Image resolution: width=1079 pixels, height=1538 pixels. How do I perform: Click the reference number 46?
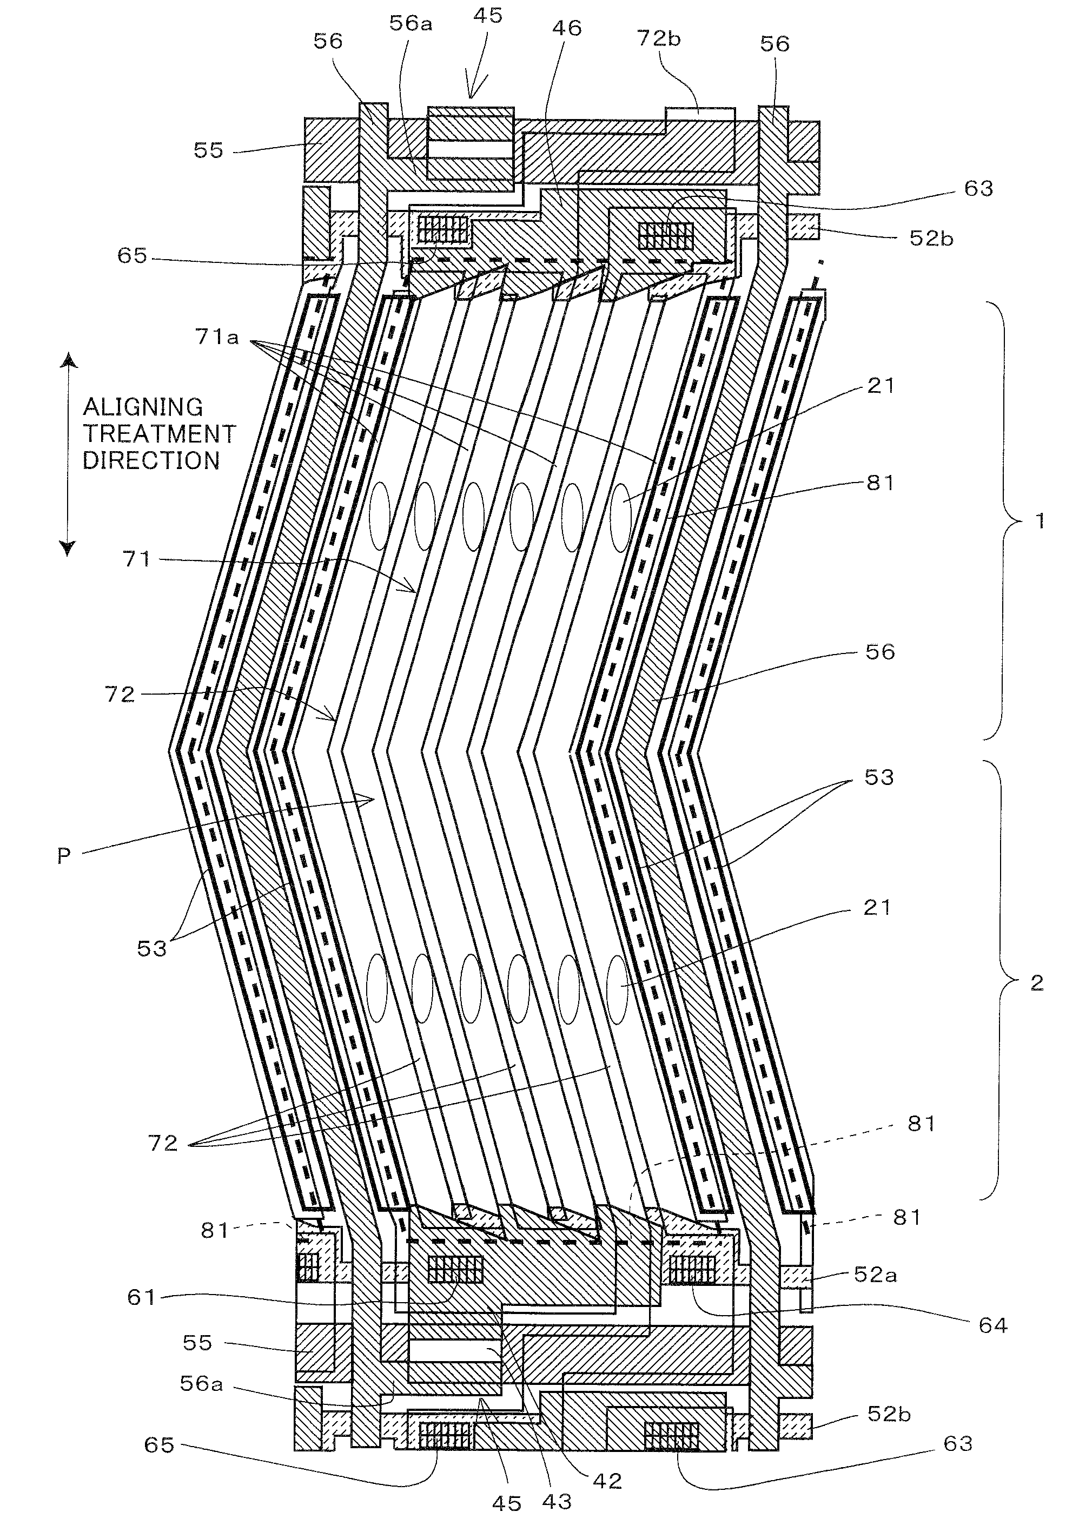567,28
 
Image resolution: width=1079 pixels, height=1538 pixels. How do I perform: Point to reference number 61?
141,1297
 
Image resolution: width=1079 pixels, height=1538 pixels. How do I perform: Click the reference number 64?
992,1325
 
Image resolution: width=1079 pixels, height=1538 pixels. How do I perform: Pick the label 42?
607,1481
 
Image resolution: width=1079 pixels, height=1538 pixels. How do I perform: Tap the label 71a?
216,337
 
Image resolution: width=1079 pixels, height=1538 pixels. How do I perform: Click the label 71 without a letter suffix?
137,559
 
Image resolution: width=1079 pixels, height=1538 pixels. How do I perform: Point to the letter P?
64,856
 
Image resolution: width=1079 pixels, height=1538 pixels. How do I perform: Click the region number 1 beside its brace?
1040,520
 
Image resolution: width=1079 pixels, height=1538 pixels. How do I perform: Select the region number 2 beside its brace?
1036,982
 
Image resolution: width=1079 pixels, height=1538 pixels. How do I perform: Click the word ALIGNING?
143,407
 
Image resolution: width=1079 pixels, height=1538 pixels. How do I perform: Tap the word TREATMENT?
160,434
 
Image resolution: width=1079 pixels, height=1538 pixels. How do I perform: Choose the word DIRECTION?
151,461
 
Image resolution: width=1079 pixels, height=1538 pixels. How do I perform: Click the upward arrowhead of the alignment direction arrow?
68,362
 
